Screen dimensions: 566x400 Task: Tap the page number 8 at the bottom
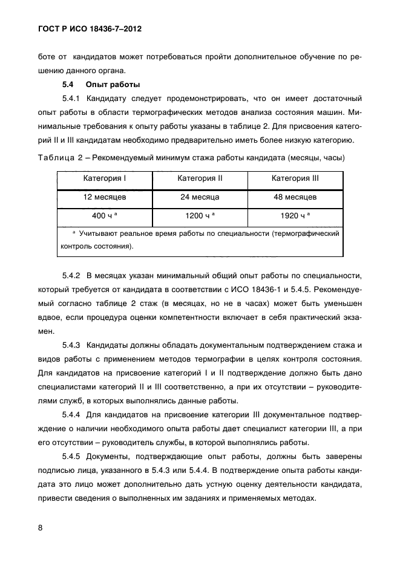point(40,527)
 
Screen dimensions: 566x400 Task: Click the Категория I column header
point(105,179)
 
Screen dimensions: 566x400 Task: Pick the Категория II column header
point(200,179)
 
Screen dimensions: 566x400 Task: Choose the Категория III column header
point(295,179)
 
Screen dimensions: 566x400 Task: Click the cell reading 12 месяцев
point(105,197)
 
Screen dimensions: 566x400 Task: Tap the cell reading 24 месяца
point(200,197)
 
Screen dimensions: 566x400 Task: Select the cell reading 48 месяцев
point(295,197)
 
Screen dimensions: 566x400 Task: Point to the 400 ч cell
point(105,215)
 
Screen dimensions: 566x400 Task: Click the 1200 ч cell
point(200,215)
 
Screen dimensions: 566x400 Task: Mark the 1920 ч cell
point(295,215)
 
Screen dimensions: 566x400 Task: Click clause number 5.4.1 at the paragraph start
point(72,98)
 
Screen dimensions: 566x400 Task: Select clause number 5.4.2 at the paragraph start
point(72,275)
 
